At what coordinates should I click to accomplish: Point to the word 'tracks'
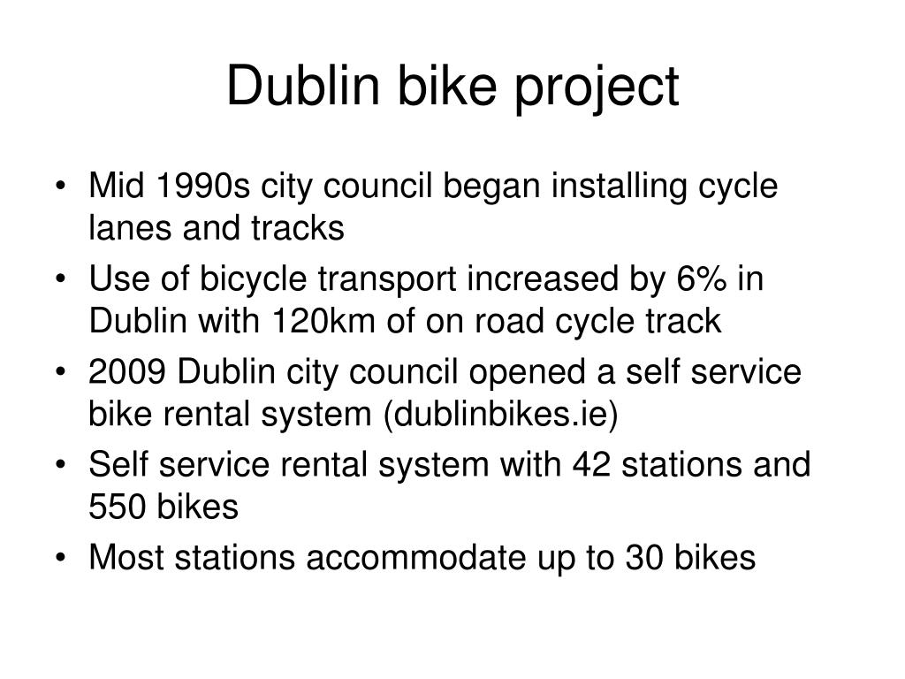[298, 228]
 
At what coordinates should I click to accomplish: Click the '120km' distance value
[323, 321]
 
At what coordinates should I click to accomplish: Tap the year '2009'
[127, 372]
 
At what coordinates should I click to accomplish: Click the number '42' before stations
[591, 465]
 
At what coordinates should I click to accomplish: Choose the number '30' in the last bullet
[644, 558]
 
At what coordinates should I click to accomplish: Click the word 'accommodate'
[416, 558]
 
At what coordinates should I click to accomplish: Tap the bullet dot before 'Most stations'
[60, 559]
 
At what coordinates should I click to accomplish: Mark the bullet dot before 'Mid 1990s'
[60, 187]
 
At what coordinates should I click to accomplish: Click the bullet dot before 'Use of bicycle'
[60, 279]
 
